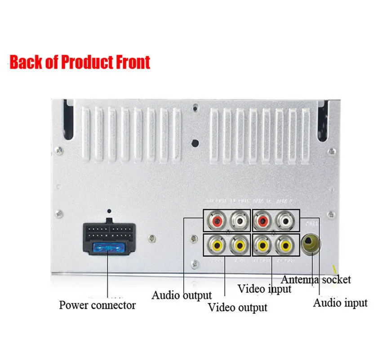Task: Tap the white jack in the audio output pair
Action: pyautogui.click(x=238, y=221)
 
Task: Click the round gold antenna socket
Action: pyautogui.click(x=310, y=245)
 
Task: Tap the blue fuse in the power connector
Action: pyautogui.click(x=107, y=247)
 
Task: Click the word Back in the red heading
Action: pyautogui.click(x=28, y=62)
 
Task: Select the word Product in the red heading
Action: pyautogui.click(x=88, y=62)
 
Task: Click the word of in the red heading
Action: pyautogui.click(x=53, y=62)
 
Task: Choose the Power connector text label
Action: pyautogui.click(x=97, y=305)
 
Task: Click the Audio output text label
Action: pyautogui.click(x=181, y=296)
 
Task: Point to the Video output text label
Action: pyautogui.click(x=237, y=308)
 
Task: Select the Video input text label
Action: pyautogui.click(x=264, y=288)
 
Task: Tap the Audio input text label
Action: pyautogui.click(x=340, y=303)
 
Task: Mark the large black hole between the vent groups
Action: pyautogui.click(x=195, y=143)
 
